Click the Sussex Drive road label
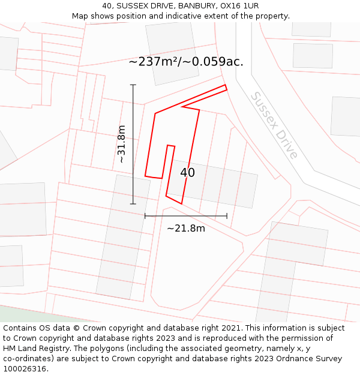274,125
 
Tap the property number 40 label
187,173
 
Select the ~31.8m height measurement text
121,144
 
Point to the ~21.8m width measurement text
186,228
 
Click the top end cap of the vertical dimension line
133,85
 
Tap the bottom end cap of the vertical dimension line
133,204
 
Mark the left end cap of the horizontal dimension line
145,216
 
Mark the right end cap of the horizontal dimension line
227,216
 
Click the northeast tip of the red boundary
226,87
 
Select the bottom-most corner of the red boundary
181,203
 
